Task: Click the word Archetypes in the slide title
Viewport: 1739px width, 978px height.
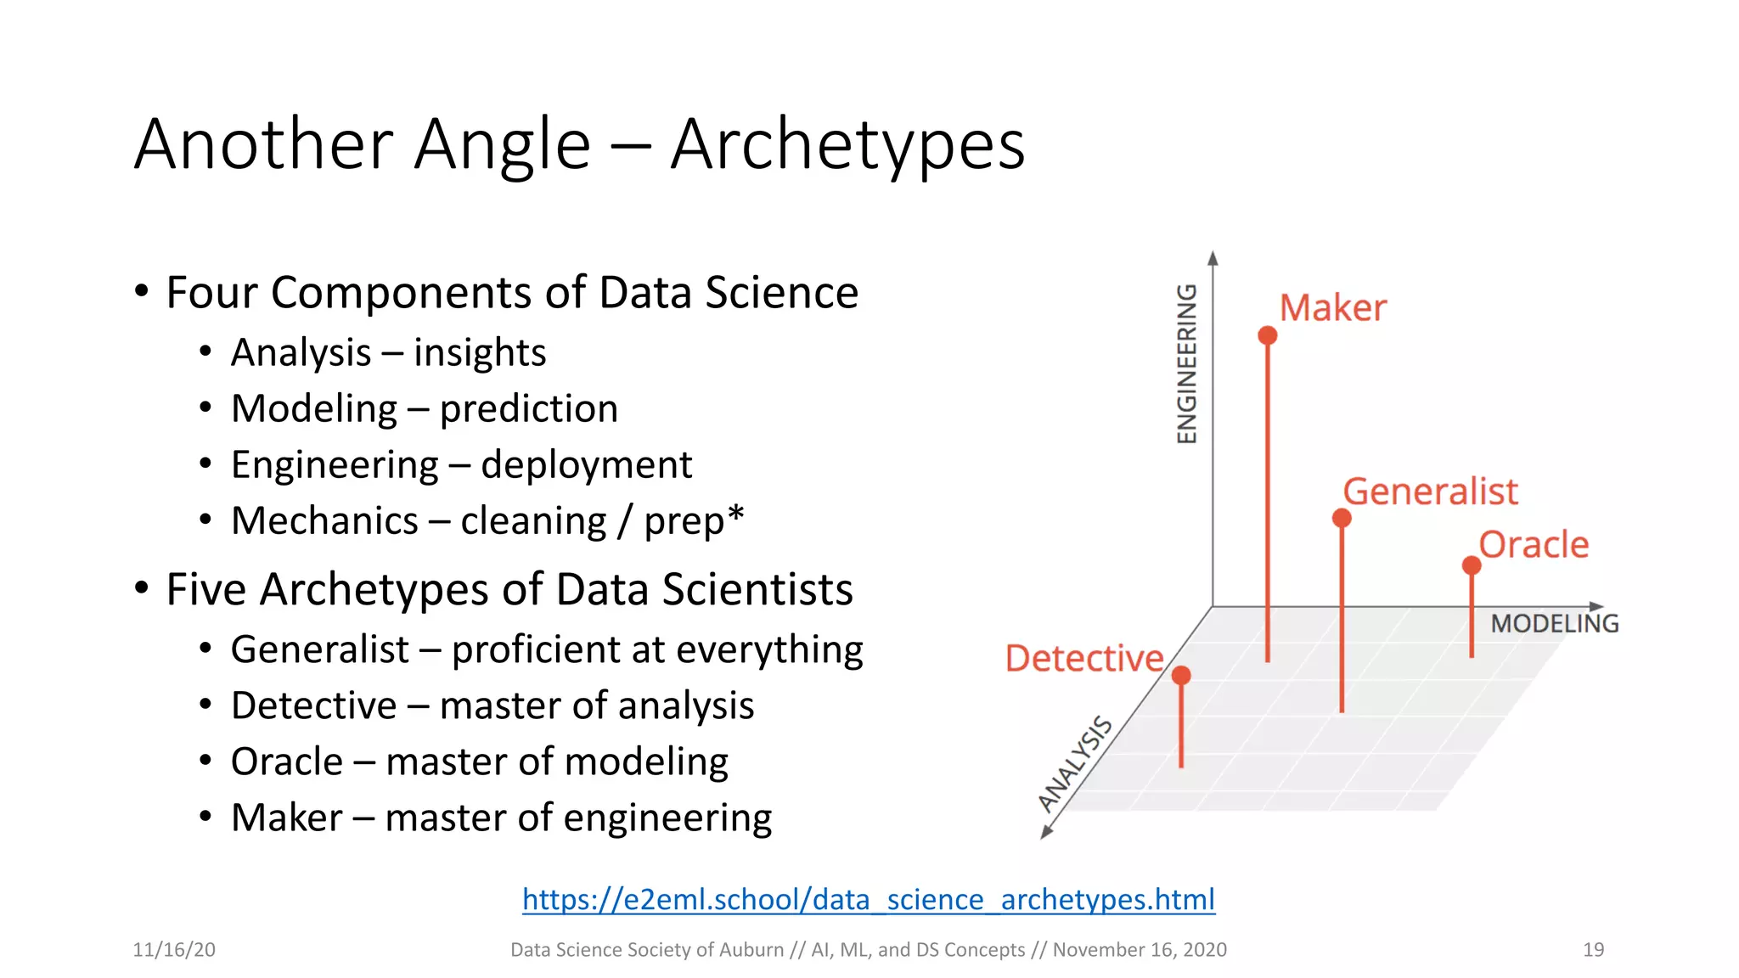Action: (x=847, y=145)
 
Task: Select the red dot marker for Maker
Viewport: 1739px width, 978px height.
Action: (x=1267, y=335)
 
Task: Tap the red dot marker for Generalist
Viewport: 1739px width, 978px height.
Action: (x=1341, y=518)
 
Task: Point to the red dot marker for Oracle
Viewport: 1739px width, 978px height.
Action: (x=1472, y=565)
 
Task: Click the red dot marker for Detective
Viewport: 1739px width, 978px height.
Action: (x=1181, y=676)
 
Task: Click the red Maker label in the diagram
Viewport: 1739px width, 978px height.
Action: (x=1332, y=308)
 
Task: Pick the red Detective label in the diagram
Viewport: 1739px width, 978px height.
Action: (x=1083, y=659)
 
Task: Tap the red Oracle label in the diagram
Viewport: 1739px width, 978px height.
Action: (x=1534, y=545)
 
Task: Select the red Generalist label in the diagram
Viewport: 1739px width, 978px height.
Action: (x=1430, y=492)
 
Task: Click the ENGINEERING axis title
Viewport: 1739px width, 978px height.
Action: (x=1187, y=363)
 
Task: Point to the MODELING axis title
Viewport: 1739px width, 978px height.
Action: (x=1554, y=624)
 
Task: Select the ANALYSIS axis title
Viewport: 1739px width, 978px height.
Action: (x=1075, y=762)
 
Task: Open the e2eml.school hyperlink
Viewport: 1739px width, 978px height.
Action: (x=868, y=899)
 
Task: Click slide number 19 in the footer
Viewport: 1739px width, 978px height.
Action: (x=1593, y=950)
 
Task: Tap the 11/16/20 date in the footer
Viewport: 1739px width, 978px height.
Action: (x=174, y=950)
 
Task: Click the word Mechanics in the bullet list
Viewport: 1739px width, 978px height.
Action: (x=324, y=521)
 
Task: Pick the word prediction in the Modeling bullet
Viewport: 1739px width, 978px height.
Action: (x=528, y=409)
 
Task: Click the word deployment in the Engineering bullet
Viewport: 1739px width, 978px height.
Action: (x=586, y=465)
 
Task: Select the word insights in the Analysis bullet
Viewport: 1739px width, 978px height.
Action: (x=480, y=353)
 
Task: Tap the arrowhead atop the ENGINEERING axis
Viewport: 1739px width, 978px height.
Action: (x=1213, y=258)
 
